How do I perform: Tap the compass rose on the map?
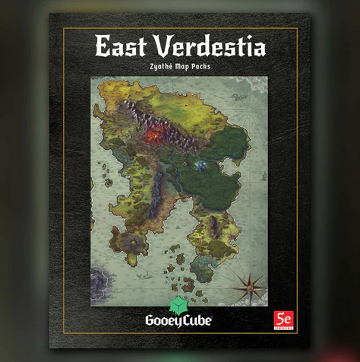click(248, 287)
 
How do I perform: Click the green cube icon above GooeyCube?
click(180, 302)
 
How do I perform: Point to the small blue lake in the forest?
click(202, 164)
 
